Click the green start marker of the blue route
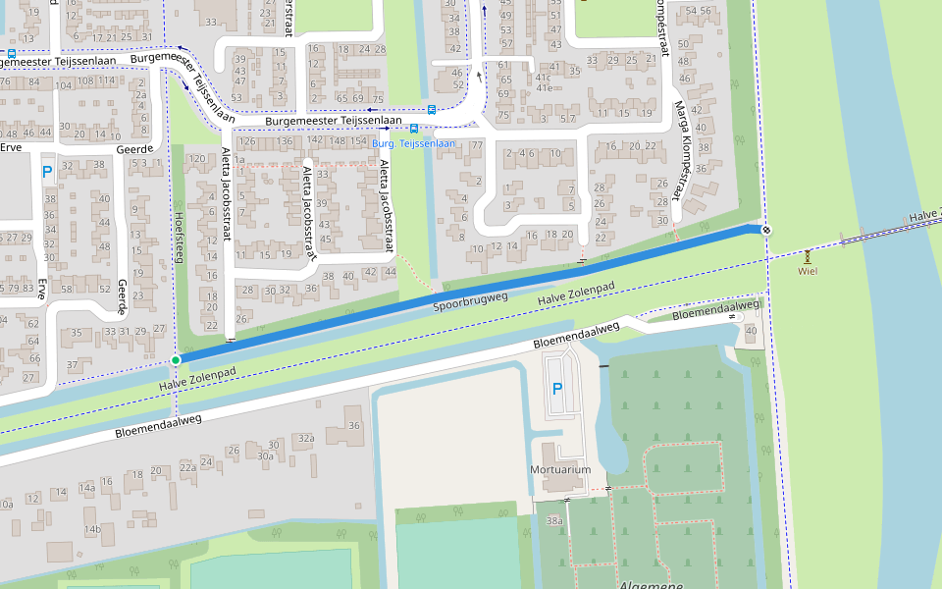pos(176,360)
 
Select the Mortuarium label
pos(561,469)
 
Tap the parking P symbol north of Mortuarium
pos(557,389)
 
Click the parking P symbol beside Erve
pos(47,173)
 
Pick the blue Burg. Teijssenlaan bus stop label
pos(414,143)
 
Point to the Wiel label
pos(808,270)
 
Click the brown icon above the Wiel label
pos(808,255)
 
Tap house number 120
pos(196,158)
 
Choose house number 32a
pos(306,439)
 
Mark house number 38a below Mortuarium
pos(554,521)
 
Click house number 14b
pos(92,530)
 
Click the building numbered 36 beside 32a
pos(354,425)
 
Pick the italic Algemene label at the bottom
pos(651,584)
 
